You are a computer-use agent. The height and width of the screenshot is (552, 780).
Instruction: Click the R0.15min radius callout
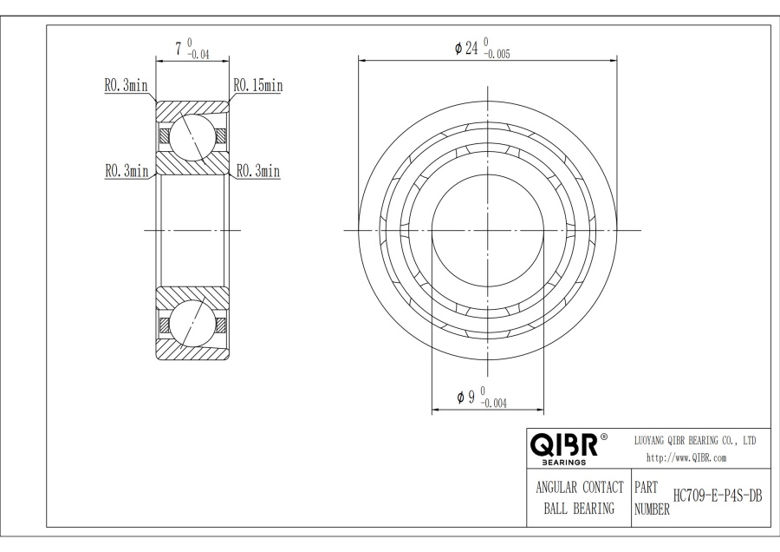click(257, 85)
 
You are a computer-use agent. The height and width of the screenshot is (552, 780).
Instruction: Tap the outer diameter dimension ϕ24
click(467, 49)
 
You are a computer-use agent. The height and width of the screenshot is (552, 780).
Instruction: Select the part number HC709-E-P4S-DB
click(708, 496)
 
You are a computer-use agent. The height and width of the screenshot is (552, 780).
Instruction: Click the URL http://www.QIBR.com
click(686, 457)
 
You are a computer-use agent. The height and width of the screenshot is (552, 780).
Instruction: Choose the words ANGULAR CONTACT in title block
click(575, 488)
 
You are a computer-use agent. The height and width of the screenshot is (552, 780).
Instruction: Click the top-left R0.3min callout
click(126, 85)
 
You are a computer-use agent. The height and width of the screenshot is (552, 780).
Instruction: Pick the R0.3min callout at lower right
click(258, 171)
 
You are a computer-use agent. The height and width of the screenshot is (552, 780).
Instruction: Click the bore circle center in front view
click(488, 230)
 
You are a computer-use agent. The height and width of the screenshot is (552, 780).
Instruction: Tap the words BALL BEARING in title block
click(575, 508)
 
